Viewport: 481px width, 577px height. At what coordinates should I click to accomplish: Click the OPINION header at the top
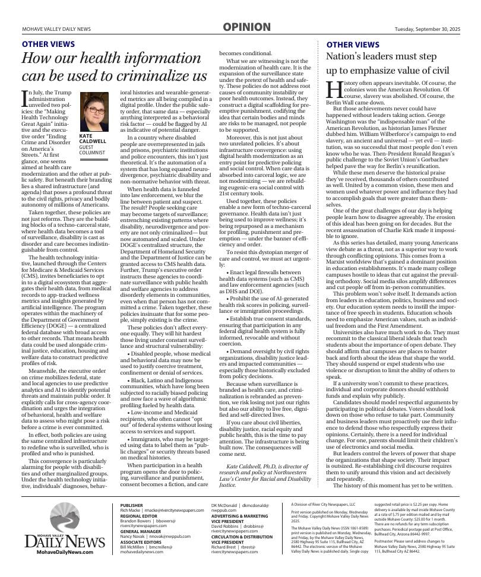[246, 27]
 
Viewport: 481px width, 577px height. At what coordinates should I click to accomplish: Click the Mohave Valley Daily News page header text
[56, 29]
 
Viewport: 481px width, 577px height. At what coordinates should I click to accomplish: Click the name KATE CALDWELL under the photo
[92, 139]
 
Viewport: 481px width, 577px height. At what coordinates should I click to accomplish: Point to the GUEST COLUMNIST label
[91, 150]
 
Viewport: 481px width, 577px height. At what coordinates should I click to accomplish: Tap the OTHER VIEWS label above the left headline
[48, 45]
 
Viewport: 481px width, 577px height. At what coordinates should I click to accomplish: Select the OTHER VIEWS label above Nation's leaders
[353, 45]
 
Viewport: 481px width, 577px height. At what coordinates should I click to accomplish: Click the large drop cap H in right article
[334, 88]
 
